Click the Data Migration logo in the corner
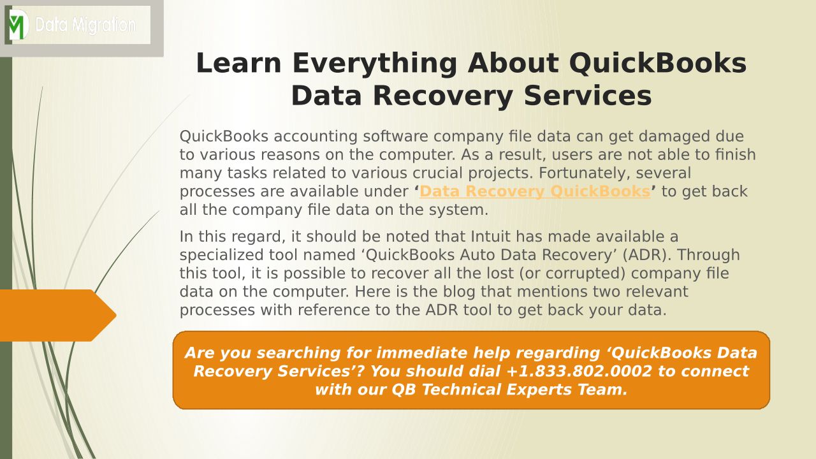point(78,25)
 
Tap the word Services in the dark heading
point(588,96)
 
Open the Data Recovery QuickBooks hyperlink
point(535,191)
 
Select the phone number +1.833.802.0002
point(579,371)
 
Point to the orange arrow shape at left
point(58,316)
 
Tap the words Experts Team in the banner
point(567,390)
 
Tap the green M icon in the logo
point(17,25)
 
